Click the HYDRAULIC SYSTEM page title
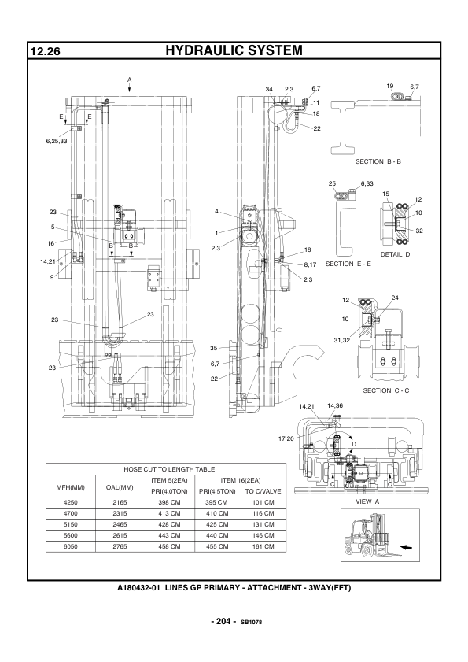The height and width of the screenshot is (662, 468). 234,50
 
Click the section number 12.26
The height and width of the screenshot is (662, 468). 45,51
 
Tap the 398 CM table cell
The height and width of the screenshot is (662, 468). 170,502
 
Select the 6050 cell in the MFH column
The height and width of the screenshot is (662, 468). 71,546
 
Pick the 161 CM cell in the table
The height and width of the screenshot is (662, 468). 263,546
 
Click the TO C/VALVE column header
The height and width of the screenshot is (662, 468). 263,491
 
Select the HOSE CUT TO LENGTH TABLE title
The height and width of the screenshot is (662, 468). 169,469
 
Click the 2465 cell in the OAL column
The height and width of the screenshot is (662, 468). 120,524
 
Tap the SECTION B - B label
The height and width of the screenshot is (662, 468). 378,161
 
